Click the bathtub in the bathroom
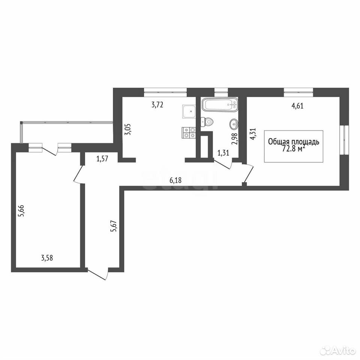tap(220, 105)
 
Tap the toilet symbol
tap(207, 122)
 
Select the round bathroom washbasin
tap(234, 124)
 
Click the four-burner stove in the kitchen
tap(189, 132)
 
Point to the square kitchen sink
tap(189, 112)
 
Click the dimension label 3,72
tap(157, 105)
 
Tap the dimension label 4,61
tap(297, 106)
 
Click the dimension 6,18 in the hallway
tap(175, 180)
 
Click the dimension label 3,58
tap(47, 258)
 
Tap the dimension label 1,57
tap(102, 159)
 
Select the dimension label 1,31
tap(223, 153)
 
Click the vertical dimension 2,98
tap(234, 139)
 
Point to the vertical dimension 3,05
tap(128, 129)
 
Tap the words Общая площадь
tap(294, 142)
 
